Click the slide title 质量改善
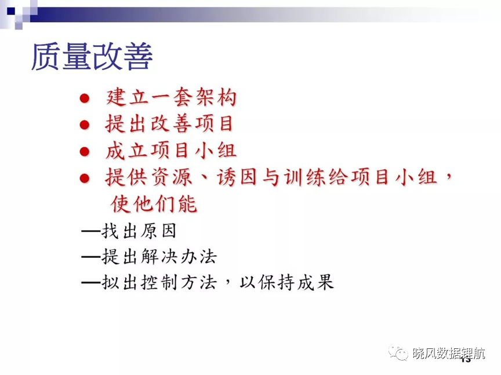click(x=92, y=57)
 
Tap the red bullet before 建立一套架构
click(x=84, y=98)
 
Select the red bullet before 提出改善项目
click(x=84, y=125)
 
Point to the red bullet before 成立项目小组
click(x=84, y=151)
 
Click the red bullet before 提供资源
click(x=84, y=178)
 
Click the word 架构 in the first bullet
click(x=216, y=97)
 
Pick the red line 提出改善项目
click(x=169, y=124)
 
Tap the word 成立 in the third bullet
click(x=126, y=151)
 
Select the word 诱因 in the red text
click(x=237, y=177)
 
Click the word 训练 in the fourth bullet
click(x=304, y=177)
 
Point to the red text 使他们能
click(x=154, y=203)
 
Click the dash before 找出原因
click(x=92, y=231)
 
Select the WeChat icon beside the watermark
click(x=398, y=352)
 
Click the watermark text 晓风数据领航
click(x=449, y=354)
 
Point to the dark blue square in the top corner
click(x=11, y=11)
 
